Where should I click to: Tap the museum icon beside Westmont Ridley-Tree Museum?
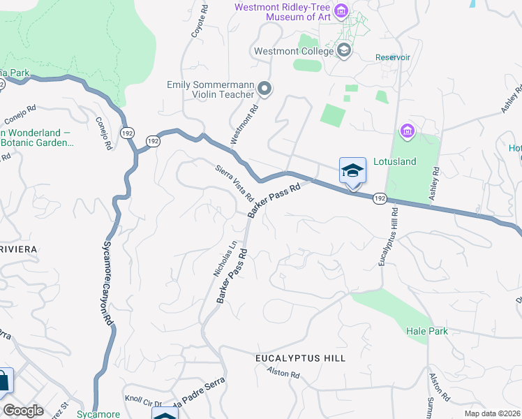coord(341,10)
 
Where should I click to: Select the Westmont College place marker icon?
coord(343,50)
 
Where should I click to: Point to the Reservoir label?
coord(391,57)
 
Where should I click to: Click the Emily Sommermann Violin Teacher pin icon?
coord(264,89)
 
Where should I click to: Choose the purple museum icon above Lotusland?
coord(407,131)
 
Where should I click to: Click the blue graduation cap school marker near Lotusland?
coord(352,170)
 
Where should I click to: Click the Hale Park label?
coord(426,331)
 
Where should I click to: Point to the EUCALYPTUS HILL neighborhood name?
coord(300,358)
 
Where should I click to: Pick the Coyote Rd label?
coord(204,22)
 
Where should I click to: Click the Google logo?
coord(23,411)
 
